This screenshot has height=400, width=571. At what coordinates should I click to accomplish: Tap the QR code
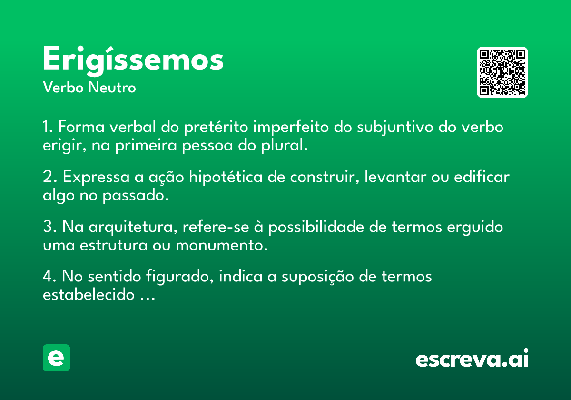pyautogui.click(x=502, y=72)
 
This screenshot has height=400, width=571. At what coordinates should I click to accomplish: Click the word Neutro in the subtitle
pyautogui.click(x=112, y=88)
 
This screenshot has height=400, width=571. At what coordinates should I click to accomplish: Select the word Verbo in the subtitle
pyautogui.click(x=63, y=88)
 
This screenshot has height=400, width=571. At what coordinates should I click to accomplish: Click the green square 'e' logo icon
pyautogui.click(x=56, y=358)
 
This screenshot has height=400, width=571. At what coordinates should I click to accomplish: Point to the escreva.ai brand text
pyautogui.click(x=472, y=358)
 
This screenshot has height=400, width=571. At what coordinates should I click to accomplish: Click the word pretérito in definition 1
pyautogui.click(x=216, y=127)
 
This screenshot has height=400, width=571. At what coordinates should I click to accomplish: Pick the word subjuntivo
pyautogui.click(x=395, y=127)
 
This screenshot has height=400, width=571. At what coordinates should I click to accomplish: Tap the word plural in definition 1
pyautogui.click(x=284, y=146)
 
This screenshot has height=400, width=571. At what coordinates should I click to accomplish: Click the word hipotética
pyautogui.click(x=226, y=177)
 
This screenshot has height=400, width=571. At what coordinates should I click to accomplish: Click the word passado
pyautogui.click(x=136, y=196)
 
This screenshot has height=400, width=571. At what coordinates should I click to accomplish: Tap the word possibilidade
pyautogui.click(x=316, y=227)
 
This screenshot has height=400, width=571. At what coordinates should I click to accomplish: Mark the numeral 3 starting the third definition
pyautogui.click(x=48, y=226)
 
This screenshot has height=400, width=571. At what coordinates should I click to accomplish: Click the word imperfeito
pyautogui.click(x=291, y=127)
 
